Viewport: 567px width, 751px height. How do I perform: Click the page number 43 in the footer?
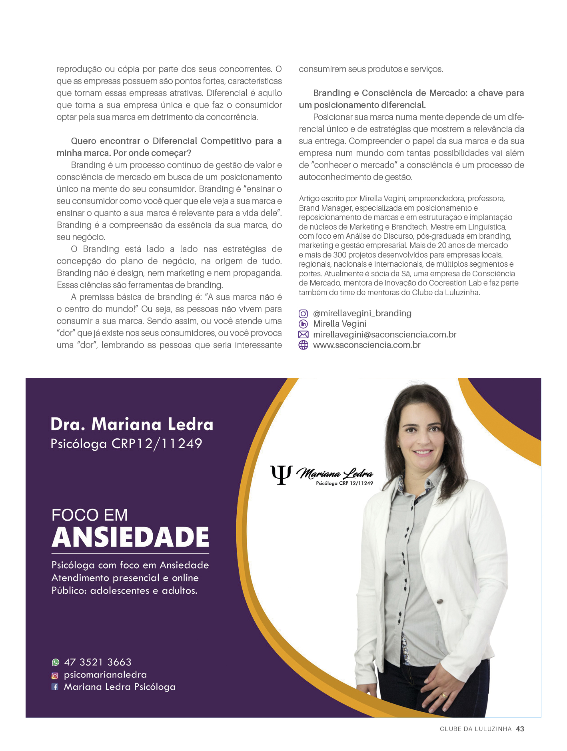[x=520, y=729]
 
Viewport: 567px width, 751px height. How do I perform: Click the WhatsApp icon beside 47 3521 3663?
[x=56, y=662]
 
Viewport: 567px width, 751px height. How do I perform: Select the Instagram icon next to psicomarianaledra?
[x=55, y=675]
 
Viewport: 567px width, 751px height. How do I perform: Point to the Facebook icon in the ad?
[x=55, y=687]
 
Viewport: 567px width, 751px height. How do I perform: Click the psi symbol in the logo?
[x=281, y=475]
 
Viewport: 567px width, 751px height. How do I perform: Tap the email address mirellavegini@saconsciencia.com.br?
[x=384, y=334]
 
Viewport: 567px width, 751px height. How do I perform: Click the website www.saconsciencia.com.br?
[x=366, y=345]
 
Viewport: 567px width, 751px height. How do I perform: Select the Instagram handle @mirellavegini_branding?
[x=362, y=313]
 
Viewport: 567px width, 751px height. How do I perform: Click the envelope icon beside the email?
[x=303, y=334]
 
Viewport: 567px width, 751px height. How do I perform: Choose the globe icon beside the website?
[x=303, y=345]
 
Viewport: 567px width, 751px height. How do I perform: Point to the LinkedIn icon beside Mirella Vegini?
[x=303, y=324]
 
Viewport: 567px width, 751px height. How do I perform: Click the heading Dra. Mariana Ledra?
[x=132, y=424]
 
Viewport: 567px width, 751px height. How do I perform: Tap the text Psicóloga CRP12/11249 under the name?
[x=126, y=443]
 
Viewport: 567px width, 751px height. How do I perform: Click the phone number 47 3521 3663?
[x=98, y=662]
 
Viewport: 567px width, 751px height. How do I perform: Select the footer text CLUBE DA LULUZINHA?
[x=475, y=729]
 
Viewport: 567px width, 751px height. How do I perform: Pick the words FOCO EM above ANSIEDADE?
[x=90, y=515]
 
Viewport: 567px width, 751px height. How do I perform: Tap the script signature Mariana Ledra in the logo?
[x=335, y=474]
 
